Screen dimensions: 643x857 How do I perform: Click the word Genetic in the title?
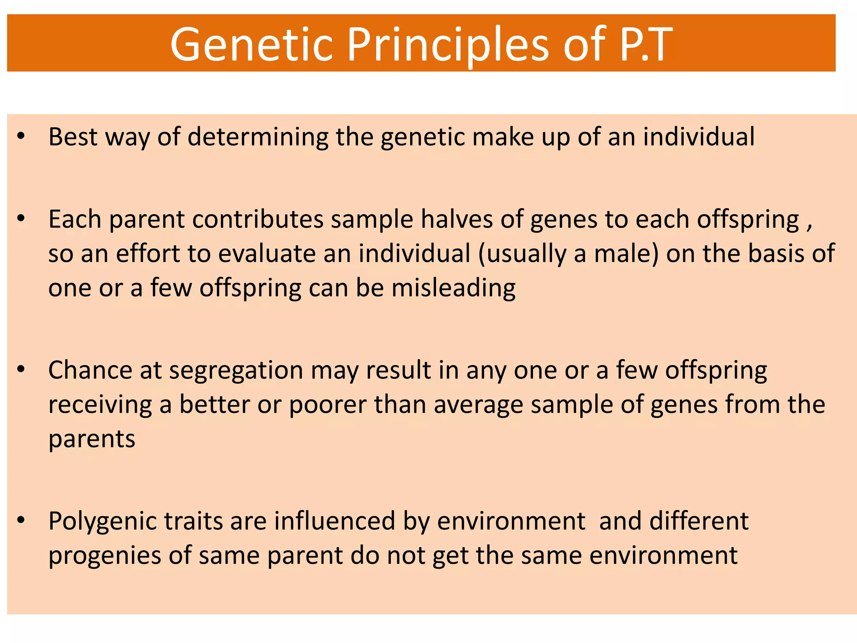251,44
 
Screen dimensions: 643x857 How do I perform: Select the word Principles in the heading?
448,44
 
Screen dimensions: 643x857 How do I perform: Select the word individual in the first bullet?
698,137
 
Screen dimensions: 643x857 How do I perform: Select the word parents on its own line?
92,440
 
